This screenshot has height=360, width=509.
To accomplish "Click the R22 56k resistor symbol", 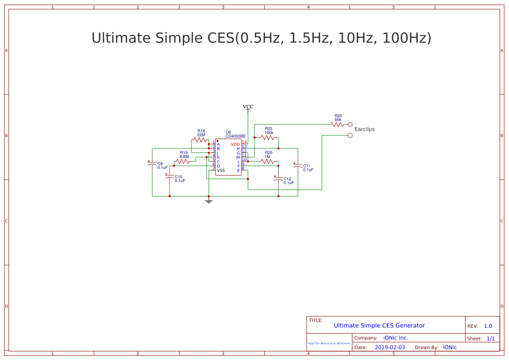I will click(x=337, y=124).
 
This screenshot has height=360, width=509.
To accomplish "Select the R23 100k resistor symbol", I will click(x=268, y=138).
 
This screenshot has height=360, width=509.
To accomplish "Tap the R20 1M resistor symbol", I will click(x=268, y=161).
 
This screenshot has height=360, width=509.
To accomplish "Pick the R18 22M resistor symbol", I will click(x=200, y=140).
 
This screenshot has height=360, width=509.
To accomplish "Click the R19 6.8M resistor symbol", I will click(x=183, y=161).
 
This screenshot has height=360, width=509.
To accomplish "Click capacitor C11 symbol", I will click(x=298, y=166).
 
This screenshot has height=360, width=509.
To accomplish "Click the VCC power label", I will click(x=248, y=107).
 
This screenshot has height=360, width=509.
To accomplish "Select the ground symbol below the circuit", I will click(x=209, y=201).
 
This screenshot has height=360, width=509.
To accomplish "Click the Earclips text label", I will click(x=365, y=129).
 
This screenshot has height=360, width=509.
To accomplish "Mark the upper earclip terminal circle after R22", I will click(x=350, y=124).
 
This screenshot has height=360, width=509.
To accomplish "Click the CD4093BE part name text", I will click(x=235, y=136).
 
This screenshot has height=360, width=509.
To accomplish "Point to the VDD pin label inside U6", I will click(x=235, y=145).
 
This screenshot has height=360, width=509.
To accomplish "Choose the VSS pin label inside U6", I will click(x=221, y=171).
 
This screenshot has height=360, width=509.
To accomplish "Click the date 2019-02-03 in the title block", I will click(x=390, y=347).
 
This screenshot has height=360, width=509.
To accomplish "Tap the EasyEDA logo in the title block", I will click(x=329, y=343).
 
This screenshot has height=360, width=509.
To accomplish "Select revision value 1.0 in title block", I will click(x=488, y=326).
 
